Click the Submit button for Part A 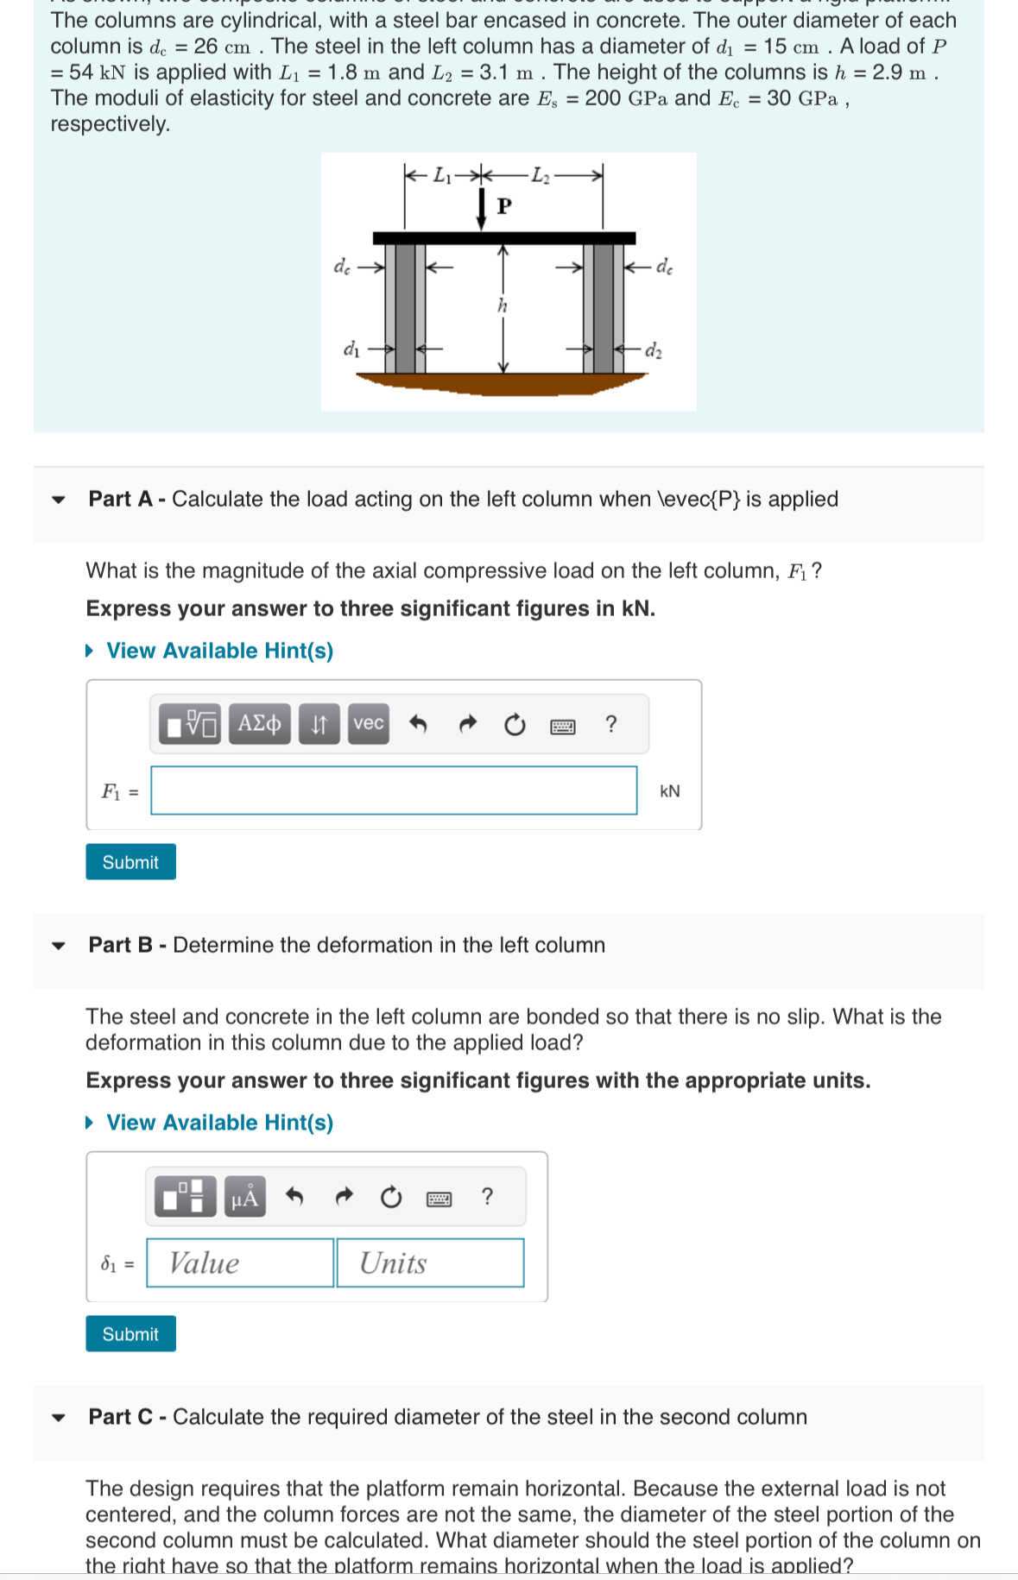[130, 861]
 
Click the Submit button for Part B [130, 1333]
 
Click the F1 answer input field [394, 790]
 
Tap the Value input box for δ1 [240, 1262]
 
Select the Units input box [430, 1262]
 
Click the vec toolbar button [369, 723]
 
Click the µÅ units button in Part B [245, 1197]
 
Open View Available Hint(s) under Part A [219, 651]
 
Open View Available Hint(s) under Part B [219, 1123]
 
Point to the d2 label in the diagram [654, 350]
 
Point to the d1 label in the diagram [351, 349]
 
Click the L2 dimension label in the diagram [540, 175]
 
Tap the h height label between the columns [503, 305]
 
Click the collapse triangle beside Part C [59, 1417]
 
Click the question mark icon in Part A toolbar [611, 724]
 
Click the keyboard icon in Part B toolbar [439, 1198]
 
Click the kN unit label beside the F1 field [669, 791]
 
